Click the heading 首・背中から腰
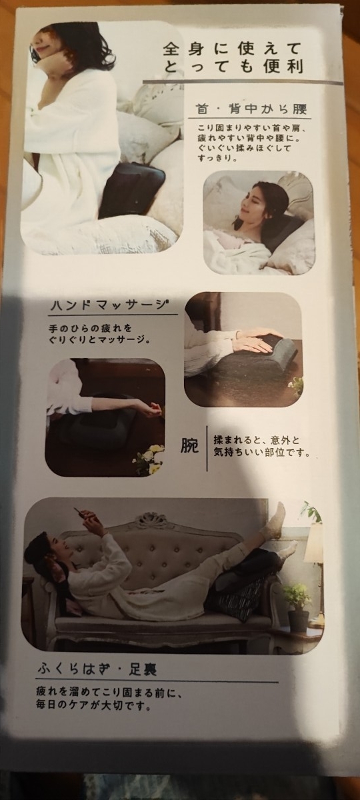click(x=251, y=109)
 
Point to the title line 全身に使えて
click(x=232, y=49)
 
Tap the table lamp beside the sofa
click(x=313, y=543)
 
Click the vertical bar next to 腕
click(x=207, y=446)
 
